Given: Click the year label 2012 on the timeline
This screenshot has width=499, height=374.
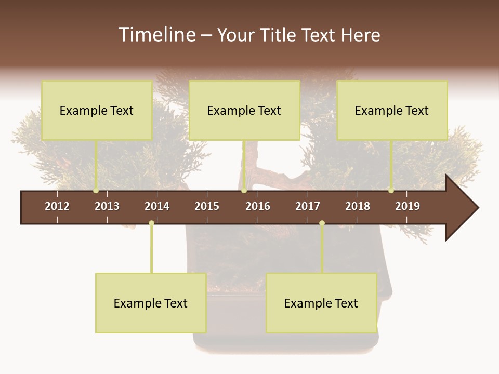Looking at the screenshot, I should [57, 206].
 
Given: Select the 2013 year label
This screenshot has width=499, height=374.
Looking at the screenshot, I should [107, 206].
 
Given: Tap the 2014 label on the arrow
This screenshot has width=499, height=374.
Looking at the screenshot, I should [157, 206].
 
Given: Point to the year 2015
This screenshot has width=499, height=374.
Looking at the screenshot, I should [207, 206].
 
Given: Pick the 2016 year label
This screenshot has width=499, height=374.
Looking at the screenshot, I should [258, 206].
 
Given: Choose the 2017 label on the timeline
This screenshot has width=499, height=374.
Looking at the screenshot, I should [308, 206].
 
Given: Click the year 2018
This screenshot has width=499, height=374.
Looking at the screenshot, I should [358, 206].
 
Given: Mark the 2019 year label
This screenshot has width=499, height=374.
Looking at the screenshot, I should [408, 206].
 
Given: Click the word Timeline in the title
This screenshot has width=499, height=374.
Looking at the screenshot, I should [156, 35].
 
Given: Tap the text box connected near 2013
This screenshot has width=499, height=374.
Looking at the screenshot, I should [97, 110].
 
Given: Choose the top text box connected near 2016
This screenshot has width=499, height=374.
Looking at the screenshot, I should [244, 110].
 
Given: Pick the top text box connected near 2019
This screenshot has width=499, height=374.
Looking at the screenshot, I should [392, 110].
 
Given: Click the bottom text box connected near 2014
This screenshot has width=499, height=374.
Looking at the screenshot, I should [151, 303].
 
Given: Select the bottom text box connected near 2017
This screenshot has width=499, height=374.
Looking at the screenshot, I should [321, 303].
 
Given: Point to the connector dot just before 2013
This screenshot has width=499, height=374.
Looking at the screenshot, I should [96, 191].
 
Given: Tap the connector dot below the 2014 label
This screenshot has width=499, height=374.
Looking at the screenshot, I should [151, 223].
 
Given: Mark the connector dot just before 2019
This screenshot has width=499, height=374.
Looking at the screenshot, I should [391, 191].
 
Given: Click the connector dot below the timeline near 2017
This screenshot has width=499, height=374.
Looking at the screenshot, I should [322, 223].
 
